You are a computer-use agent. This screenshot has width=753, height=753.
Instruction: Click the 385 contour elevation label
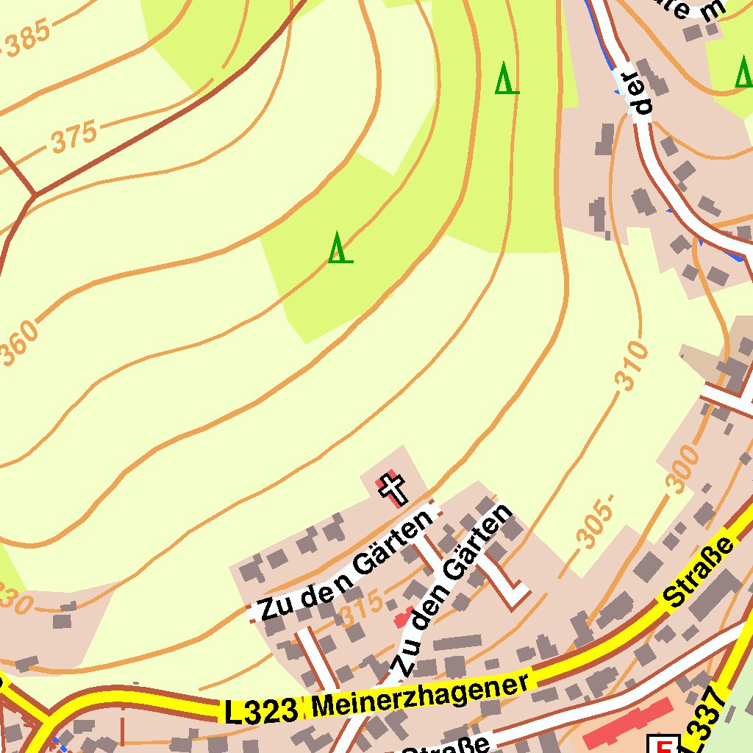tap(28, 38)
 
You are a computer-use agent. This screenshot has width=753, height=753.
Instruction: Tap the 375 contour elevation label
tap(74, 137)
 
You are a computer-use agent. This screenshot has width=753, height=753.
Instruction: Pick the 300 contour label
tap(680, 469)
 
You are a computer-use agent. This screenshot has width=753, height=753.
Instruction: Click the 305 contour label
tap(594, 525)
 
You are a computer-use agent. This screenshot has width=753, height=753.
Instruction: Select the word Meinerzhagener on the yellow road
tap(420, 696)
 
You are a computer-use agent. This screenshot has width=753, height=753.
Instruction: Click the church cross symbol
tap(392, 488)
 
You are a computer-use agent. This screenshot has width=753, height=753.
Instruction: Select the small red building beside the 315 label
tap(402, 617)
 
